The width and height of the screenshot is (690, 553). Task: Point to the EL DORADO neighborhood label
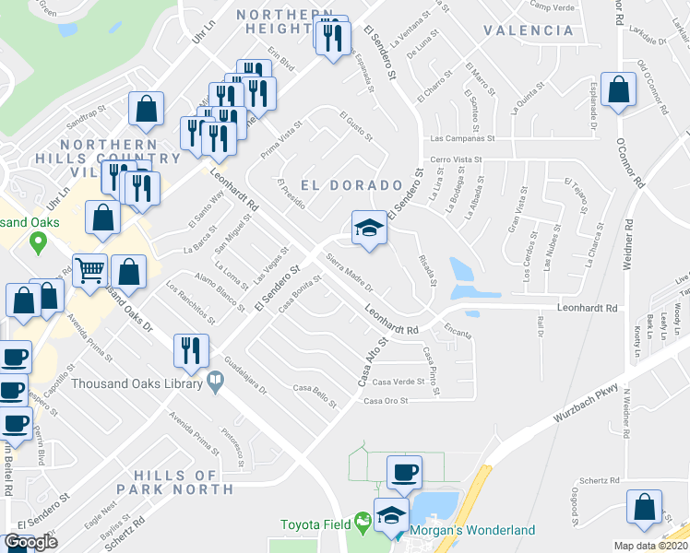click(x=351, y=185)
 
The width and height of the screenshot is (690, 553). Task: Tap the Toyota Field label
click(x=315, y=524)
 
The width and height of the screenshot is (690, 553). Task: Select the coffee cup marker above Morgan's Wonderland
click(x=404, y=473)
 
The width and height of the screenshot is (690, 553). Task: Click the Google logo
click(x=31, y=542)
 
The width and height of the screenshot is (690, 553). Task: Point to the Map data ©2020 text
click(x=649, y=546)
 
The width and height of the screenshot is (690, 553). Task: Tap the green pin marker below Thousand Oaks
click(x=38, y=244)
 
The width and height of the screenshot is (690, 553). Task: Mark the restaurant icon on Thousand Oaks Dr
click(x=189, y=350)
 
